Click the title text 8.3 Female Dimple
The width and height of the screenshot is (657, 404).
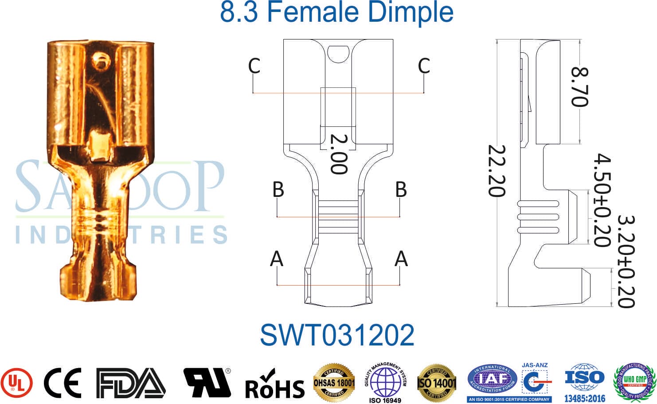(336, 12)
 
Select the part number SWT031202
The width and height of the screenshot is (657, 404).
(337, 335)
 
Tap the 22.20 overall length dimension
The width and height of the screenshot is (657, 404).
(497, 171)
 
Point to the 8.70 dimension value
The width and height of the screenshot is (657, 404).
(579, 87)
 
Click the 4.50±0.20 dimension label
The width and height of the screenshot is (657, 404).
(602, 200)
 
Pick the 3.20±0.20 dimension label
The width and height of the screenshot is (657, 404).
(626, 262)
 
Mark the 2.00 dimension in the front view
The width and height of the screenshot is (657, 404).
(339, 154)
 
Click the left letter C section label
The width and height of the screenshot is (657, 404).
(254, 66)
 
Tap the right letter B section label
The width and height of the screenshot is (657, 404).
(401, 189)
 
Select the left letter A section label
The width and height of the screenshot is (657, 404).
(277, 259)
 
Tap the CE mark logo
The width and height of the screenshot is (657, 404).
(63, 383)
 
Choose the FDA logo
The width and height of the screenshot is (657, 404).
(131, 383)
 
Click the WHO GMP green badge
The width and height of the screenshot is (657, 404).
(634, 381)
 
